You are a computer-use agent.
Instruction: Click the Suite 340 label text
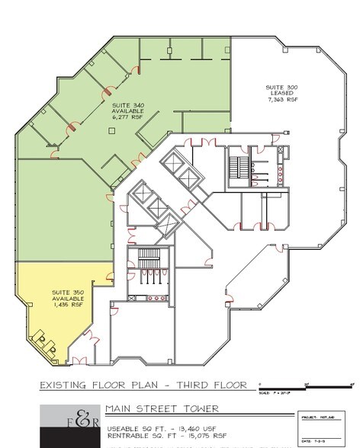[127, 104]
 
